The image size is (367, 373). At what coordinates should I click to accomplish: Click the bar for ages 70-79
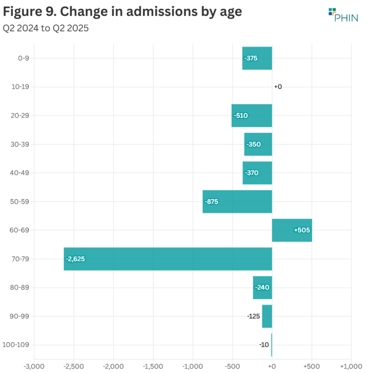168,259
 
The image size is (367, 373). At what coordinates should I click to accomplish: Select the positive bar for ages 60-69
292,230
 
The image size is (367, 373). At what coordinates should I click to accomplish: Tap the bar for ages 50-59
237,201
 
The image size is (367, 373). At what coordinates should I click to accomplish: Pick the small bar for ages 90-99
267,316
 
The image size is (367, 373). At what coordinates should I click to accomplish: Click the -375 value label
251,58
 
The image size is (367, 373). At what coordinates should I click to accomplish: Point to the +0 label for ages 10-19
278,87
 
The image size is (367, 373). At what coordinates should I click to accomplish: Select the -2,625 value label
76,259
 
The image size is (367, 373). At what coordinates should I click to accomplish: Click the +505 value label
302,230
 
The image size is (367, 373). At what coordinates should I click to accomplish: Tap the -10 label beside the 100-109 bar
264,345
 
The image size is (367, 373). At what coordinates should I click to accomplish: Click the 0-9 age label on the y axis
18,58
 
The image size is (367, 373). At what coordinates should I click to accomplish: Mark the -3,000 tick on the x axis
34,366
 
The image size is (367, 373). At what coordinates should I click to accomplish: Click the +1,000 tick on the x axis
351,366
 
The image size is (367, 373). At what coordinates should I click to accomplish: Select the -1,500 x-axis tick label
153,366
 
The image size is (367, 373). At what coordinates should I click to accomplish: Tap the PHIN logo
343,15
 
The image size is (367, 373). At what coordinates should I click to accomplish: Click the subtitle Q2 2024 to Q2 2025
46,28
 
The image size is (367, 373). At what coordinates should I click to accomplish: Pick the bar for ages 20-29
251,115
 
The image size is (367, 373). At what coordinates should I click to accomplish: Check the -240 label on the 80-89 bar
262,288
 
